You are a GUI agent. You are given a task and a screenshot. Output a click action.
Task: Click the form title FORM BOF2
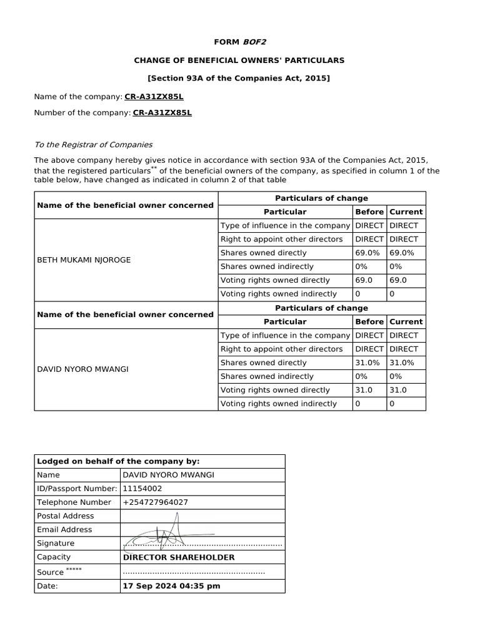239,42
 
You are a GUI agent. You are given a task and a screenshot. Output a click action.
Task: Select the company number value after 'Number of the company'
162,113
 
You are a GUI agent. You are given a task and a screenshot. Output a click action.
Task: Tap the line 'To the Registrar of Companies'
93,145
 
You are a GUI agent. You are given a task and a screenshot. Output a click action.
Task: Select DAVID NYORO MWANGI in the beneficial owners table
82,369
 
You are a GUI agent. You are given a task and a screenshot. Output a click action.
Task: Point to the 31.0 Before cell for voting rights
364,391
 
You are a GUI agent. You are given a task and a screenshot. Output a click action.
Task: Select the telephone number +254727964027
156,502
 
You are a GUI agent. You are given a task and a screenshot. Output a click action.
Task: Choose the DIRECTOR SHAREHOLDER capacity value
179,557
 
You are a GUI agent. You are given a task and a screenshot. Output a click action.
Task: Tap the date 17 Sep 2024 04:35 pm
171,586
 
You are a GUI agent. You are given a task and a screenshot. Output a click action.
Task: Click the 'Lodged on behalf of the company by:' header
118,461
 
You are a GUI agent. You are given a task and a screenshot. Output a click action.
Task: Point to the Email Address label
64,530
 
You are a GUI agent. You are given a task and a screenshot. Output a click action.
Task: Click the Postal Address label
66,516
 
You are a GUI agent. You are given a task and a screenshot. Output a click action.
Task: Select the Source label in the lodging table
51,572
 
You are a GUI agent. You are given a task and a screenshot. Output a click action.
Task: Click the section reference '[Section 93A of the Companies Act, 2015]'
239,78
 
